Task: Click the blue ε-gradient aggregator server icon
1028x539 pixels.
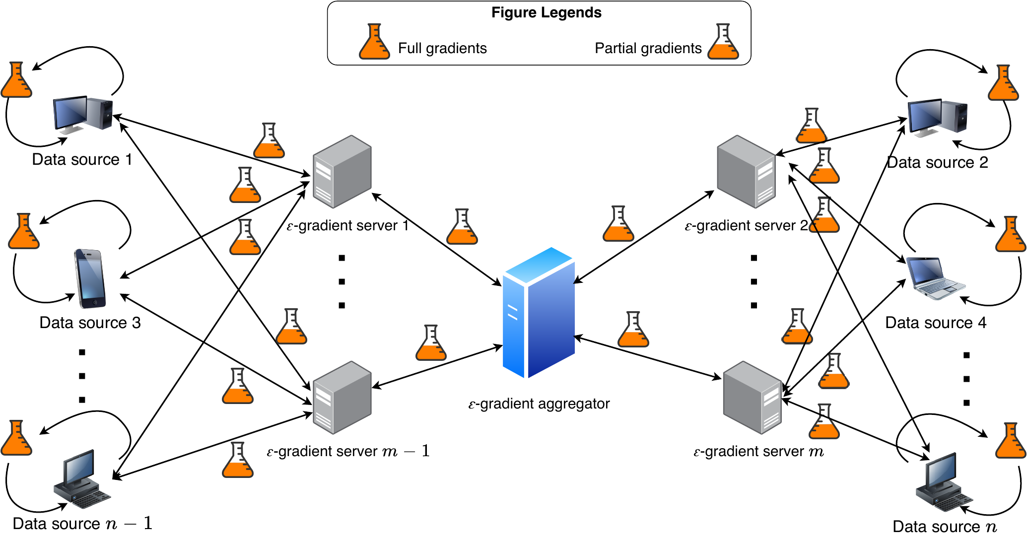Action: pyautogui.click(x=539, y=313)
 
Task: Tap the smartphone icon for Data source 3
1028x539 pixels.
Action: pyautogui.click(x=90, y=278)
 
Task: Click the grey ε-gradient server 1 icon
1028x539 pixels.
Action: pyautogui.click(x=342, y=172)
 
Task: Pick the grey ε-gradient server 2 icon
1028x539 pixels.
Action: pyautogui.click(x=746, y=172)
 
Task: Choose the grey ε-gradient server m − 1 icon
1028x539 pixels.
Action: pyautogui.click(x=342, y=398)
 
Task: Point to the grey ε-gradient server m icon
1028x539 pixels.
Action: pyautogui.click(x=753, y=398)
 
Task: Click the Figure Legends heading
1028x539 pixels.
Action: pyautogui.click(x=546, y=13)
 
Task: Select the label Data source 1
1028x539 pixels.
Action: pyautogui.click(x=82, y=160)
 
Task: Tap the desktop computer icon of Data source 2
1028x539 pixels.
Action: pyautogui.click(x=937, y=117)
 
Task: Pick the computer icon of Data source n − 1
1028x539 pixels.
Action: pyautogui.click(x=82, y=479)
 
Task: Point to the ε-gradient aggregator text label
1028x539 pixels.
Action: pyautogui.click(x=539, y=404)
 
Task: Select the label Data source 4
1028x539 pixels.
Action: pyautogui.click(x=936, y=323)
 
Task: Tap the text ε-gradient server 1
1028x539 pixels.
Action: pyautogui.click(x=347, y=226)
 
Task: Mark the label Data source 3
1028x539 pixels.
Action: pyautogui.click(x=90, y=323)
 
